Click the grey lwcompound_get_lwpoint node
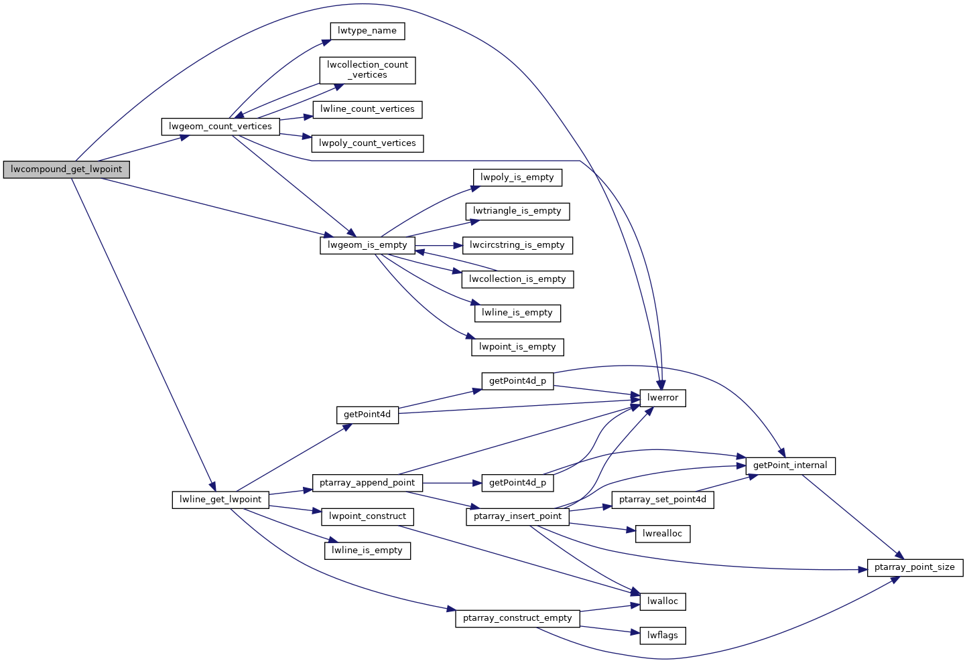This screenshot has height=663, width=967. click(66, 169)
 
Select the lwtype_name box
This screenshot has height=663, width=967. click(367, 31)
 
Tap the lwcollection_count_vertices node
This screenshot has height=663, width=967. click(367, 70)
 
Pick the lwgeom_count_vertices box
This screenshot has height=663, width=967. click(220, 127)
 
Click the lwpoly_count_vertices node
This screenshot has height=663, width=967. click(367, 143)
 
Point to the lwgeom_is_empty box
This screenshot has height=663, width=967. click(367, 245)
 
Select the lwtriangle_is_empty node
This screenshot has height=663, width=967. click(517, 211)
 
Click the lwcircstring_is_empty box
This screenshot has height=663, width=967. click(517, 245)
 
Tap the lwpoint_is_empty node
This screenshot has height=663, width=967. click(517, 347)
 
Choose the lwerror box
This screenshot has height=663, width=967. click(663, 398)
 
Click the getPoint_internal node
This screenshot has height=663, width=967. click(790, 465)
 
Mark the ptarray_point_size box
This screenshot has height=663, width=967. click(915, 567)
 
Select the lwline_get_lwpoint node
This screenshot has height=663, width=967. click(220, 500)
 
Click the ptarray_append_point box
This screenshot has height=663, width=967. click(367, 483)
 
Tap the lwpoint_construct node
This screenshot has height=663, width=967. click(367, 516)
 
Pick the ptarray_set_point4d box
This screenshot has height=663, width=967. click(663, 500)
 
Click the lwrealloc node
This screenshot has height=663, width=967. click(663, 534)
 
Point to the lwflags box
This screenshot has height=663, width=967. click(663, 635)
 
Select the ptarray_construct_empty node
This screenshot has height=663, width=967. click(517, 618)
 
